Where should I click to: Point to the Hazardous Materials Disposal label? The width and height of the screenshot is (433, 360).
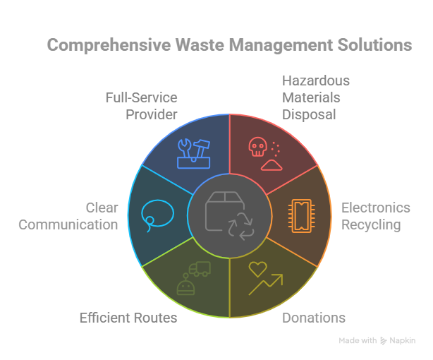(x=315, y=97)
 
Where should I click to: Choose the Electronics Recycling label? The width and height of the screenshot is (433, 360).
(x=375, y=216)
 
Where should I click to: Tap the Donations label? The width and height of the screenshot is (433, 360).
(x=314, y=318)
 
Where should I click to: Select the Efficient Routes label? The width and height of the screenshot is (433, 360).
(x=128, y=318)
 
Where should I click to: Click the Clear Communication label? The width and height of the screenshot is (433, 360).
(x=69, y=216)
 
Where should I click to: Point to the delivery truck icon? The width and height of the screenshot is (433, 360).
(x=199, y=268)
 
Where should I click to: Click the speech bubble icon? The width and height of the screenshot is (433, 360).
(x=157, y=212)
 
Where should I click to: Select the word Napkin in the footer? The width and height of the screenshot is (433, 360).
(x=403, y=340)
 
